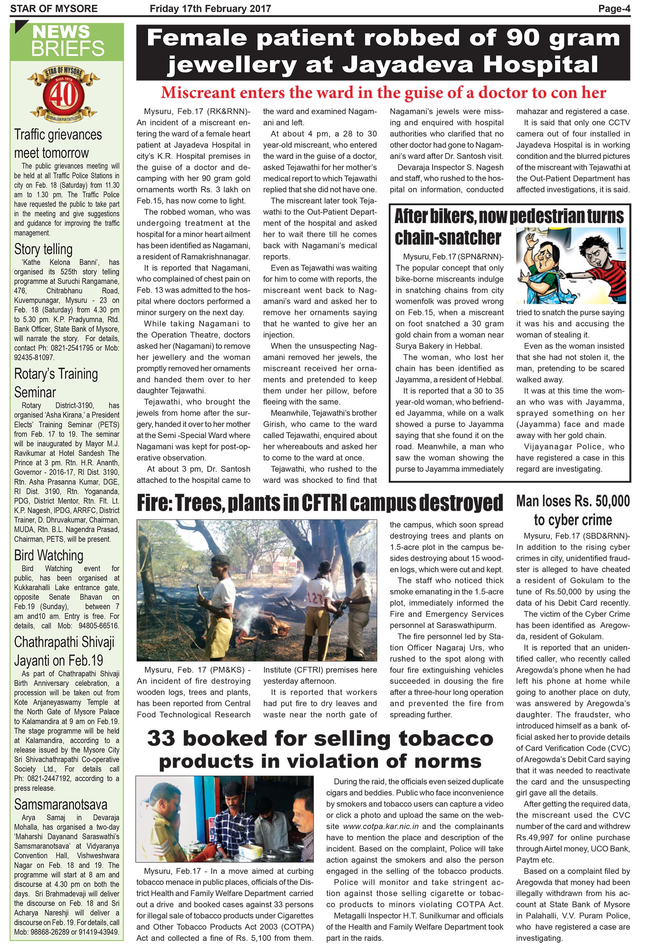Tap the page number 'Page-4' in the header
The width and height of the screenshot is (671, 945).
[x=614, y=9]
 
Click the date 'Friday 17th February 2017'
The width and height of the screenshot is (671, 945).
[x=210, y=9]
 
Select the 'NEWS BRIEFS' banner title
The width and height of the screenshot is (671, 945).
[x=68, y=41]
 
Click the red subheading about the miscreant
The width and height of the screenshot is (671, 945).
[x=383, y=93]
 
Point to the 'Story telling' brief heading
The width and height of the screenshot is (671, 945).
[x=43, y=249]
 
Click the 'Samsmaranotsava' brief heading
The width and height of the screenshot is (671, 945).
[x=61, y=804]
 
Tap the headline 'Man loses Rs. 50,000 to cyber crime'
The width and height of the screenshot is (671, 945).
[x=573, y=510]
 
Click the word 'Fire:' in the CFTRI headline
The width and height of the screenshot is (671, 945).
[x=155, y=502]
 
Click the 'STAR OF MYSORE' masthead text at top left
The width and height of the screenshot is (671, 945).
[x=54, y=9]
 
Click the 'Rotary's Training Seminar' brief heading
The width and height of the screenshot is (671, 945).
[x=56, y=383]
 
